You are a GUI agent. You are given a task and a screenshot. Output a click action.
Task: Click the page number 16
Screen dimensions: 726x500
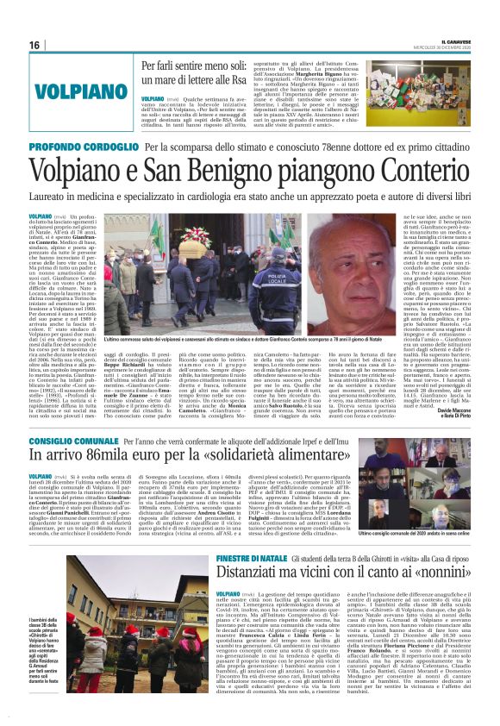[x=35, y=45]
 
